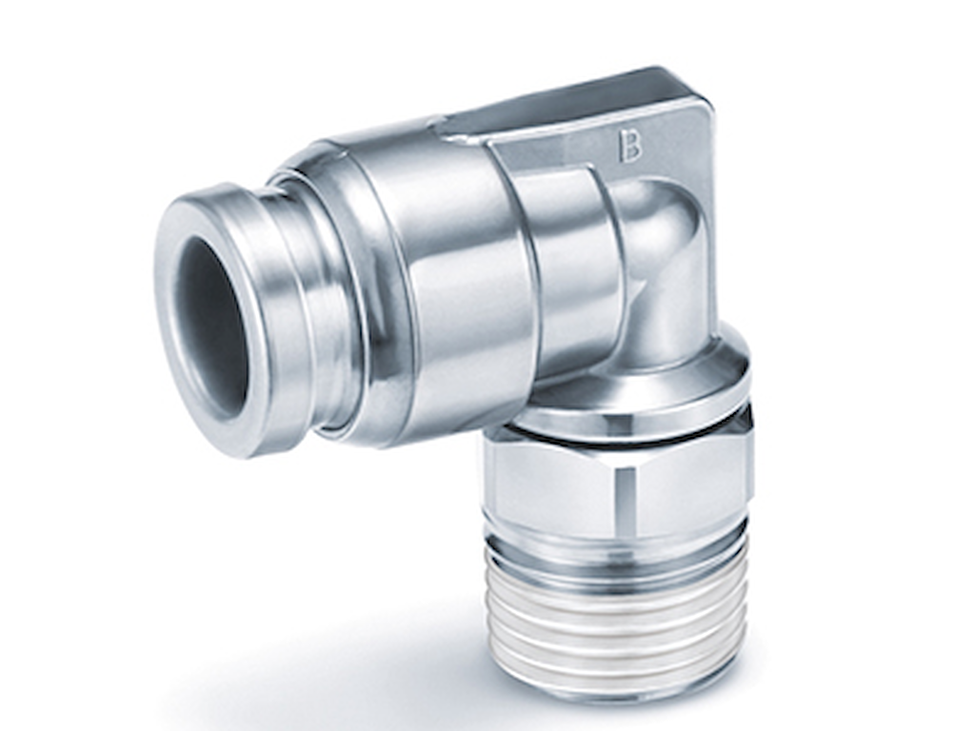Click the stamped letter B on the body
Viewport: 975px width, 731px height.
[629, 146]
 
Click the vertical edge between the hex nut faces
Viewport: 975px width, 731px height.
[625, 495]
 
